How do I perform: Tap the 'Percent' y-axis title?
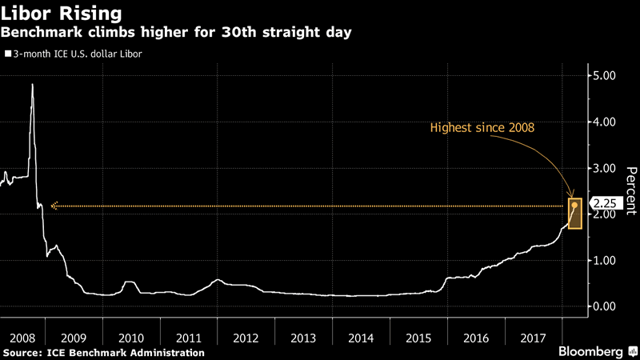click(x=630, y=190)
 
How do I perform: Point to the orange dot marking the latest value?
click(x=575, y=206)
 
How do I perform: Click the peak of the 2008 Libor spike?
click(x=32, y=84)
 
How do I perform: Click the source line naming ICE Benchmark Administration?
click(x=103, y=352)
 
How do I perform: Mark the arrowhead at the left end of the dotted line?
click(x=54, y=206)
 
